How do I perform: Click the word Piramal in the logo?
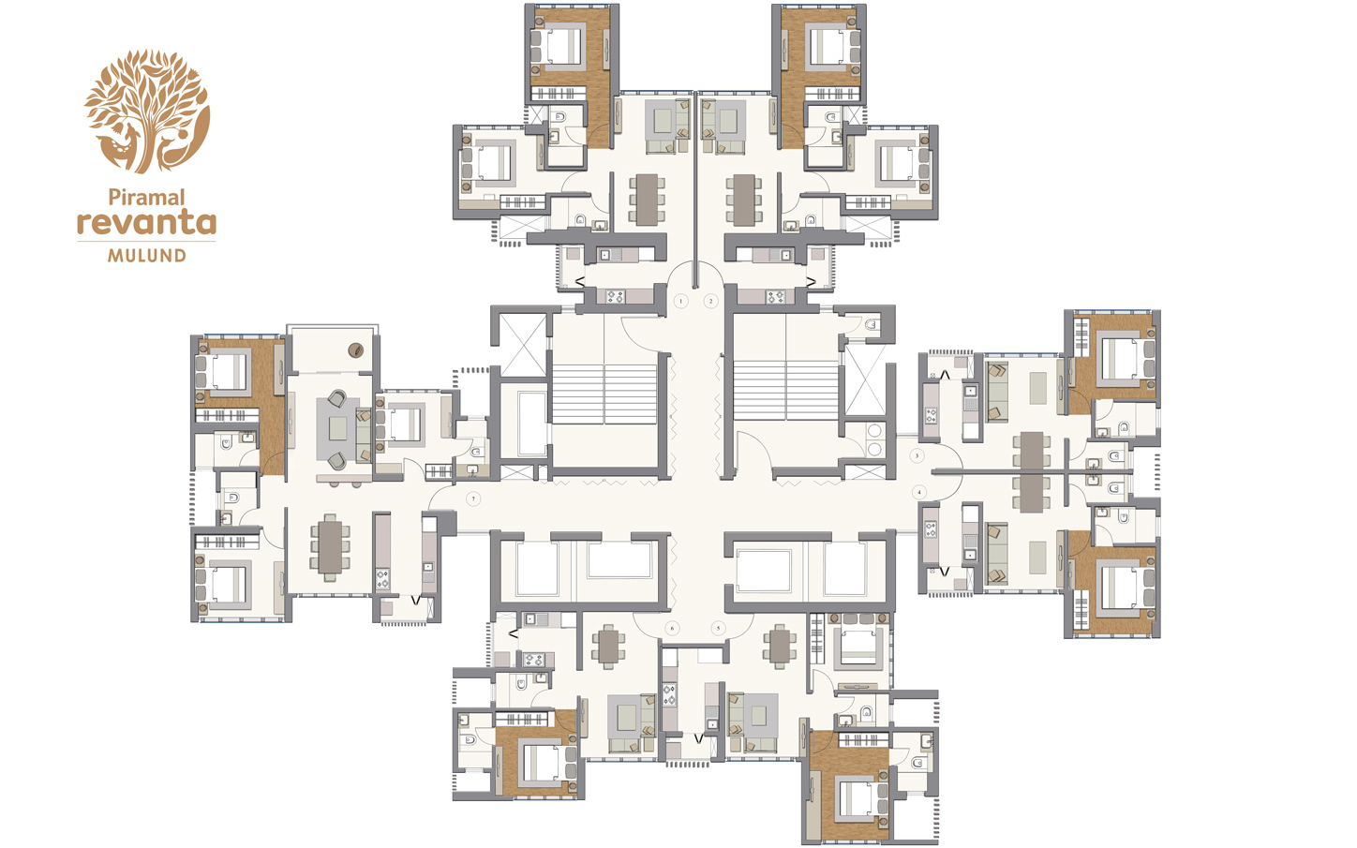coord(146,198)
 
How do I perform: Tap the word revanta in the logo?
coord(146,223)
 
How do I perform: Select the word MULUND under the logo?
coord(146,255)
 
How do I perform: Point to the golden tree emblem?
coord(147,111)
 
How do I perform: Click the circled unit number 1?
coord(681,301)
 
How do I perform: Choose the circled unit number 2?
coord(710,301)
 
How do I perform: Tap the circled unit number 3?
coord(917,455)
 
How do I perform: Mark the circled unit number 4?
coord(919,492)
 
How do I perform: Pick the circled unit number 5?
coord(718,628)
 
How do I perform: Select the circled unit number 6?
coord(671,628)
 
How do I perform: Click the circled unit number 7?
coord(474,498)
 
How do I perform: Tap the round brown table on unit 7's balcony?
coord(355,350)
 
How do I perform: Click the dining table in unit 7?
coord(330,546)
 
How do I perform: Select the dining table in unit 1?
coord(648,199)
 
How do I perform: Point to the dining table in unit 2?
coord(743,199)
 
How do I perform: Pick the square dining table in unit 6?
coord(608,646)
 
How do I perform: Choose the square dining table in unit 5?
coord(780,646)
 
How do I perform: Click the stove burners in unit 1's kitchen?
coord(615,297)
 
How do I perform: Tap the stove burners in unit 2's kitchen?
coord(775,297)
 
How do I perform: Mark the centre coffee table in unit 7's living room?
coord(338,429)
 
